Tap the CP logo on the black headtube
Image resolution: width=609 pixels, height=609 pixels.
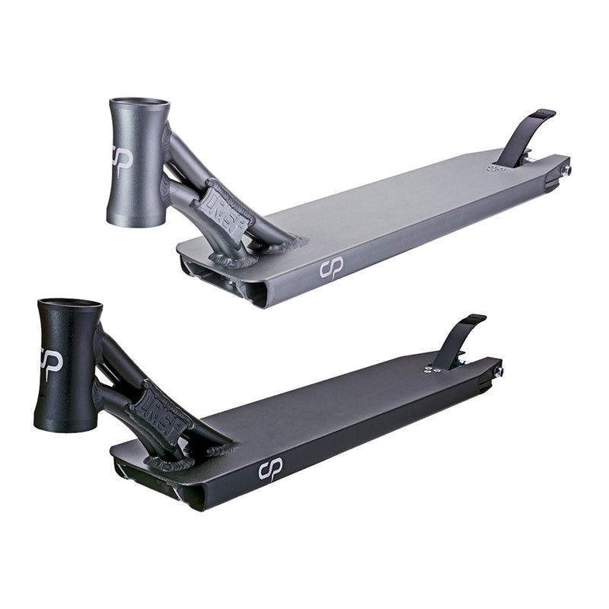coord(50,359)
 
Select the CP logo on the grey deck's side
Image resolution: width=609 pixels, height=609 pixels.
coord(331,267)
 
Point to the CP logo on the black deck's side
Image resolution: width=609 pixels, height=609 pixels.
coord(271,470)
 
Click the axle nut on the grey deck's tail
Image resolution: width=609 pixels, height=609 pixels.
coord(566,171)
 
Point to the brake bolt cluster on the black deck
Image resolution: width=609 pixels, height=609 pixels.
coord(432,368)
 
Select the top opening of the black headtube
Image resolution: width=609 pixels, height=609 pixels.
coord(69,304)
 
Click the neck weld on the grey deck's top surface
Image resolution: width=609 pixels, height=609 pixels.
coord(285,243)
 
